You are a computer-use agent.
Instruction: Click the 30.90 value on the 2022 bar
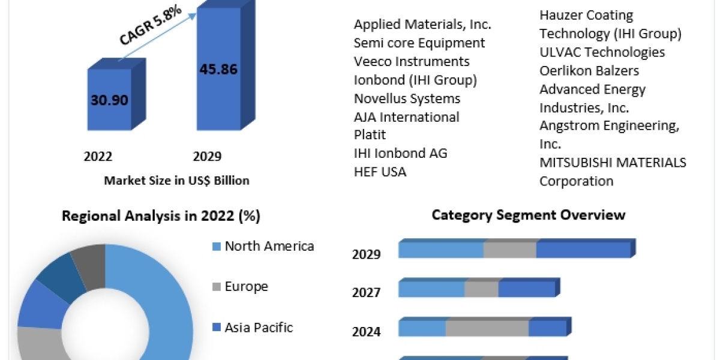pos(110,100)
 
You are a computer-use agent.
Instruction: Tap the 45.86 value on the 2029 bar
pos(218,69)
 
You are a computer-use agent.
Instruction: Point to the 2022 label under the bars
pos(98,157)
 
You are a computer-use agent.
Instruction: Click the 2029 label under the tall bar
pos(207,157)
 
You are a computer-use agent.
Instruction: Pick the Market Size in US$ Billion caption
pos(176,180)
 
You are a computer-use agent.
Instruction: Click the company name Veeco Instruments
pos(412,61)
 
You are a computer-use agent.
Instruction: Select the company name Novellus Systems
pos(407,98)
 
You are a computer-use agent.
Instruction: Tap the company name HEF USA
pos(380,172)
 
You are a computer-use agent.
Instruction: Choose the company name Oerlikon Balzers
pos(589,71)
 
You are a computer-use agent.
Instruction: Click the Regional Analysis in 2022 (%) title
pos(161,216)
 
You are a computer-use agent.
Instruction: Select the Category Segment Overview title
pos(528,215)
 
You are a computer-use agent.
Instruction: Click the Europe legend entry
pos(246,286)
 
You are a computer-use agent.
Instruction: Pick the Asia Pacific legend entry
pos(259,327)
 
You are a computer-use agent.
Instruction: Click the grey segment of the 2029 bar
pos(510,250)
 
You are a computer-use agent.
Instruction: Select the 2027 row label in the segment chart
pos(366,292)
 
